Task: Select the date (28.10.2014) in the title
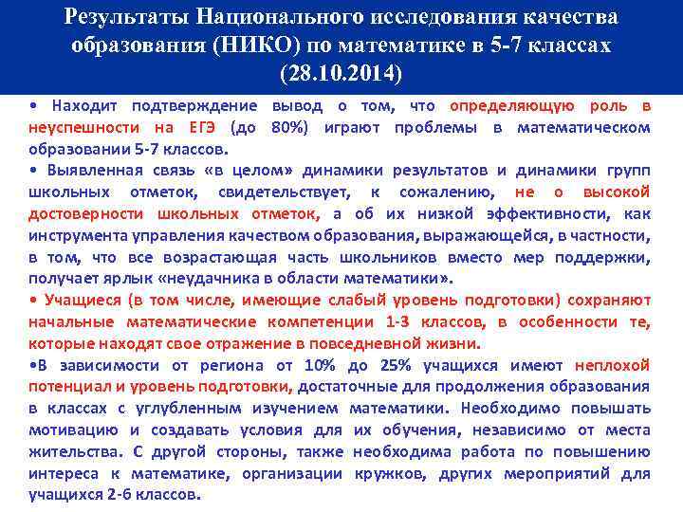(341, 72)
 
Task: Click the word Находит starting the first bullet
(84, 105)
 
